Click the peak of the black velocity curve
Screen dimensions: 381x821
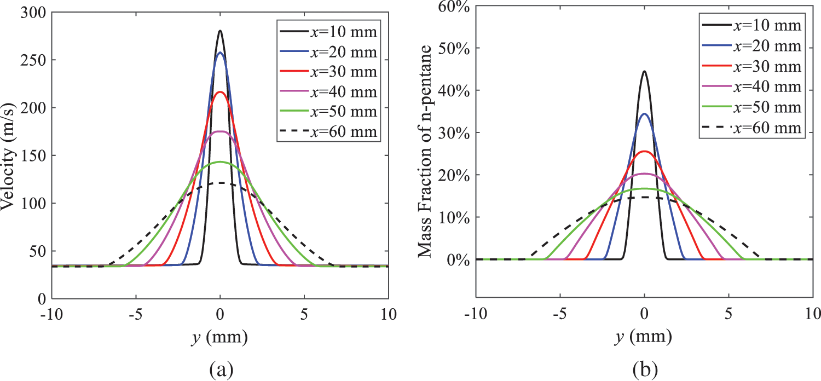[x=220, y=31]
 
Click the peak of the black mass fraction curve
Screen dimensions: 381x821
[x=644, y=71]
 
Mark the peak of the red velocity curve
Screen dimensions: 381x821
[x=220, y=92]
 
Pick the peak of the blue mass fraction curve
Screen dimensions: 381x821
[x=644, y=114]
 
